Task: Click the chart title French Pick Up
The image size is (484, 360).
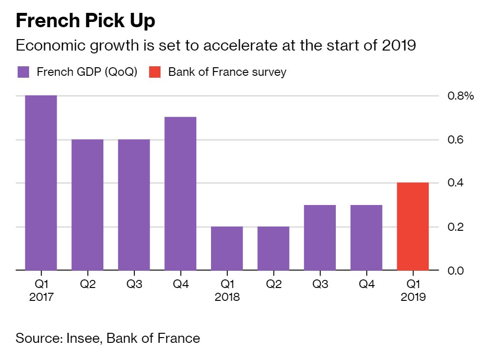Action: pyautogui.click(x=86, y=21)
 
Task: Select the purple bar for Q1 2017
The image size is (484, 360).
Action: pyautogui.click(x=41, y=183)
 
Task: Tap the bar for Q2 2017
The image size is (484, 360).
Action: pyautogui.click(x=88, y=205)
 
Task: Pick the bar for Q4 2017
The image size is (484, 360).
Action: pyautogui.click(x=181, y=194)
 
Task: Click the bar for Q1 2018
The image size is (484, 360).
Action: pyautogui.click(x=227, y=248)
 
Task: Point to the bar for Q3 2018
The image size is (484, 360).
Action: pyautogui.click(x=320, y=237)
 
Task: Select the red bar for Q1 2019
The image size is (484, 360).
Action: pyautogui.click(x=413, y=226)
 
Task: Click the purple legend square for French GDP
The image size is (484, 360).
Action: pyautogui.click(x=23, y=72)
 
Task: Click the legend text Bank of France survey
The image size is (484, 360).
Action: pyautogui.click(x=227, y=72)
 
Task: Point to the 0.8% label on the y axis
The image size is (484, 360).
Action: pyautogui.click(x=461, y=96)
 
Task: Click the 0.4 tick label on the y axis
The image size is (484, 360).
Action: pyautogui.click(x=456, y=184)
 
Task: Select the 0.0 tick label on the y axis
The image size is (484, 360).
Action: pyautogui.click(x=456, y=271)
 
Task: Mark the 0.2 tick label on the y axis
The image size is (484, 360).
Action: pyautogui.click(x=456, y=227)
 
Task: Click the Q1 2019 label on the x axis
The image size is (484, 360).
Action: pyautogui.click(x=413, y=290)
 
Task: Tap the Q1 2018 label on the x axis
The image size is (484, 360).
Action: pyautogui.click(x=227, y=290)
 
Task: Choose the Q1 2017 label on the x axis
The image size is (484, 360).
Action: pyautogui.click(x=41, y=290)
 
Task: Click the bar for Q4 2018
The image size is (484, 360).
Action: pyautogui.click(x=366, y=237)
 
